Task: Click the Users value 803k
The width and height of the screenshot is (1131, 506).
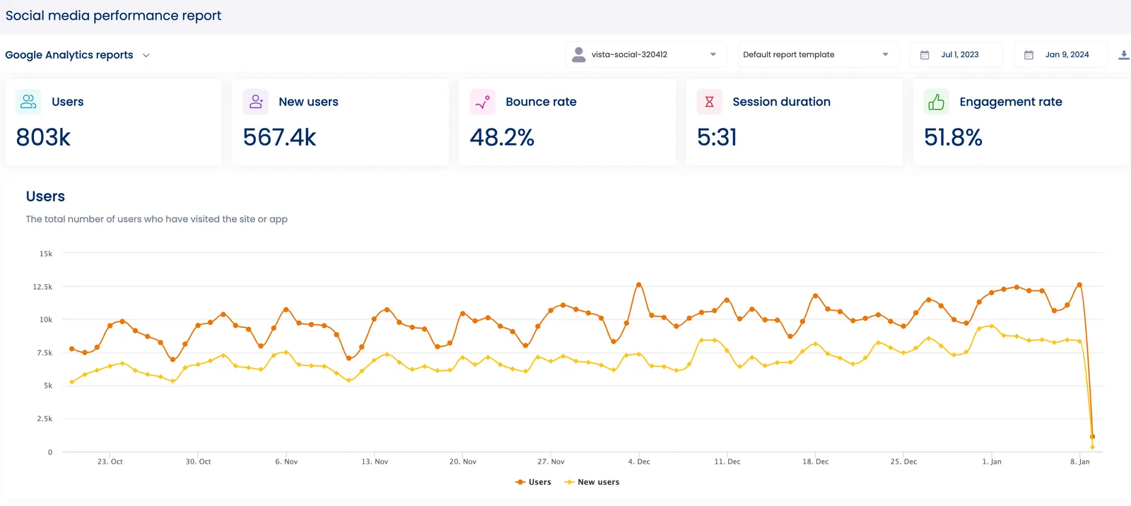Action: [x=43, y=137]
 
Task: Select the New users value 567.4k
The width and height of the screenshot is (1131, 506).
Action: [x=279, y=137]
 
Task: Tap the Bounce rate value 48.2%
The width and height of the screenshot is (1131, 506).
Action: [x=502, y=137]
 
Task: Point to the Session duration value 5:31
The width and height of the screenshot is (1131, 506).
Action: [x=717, y=137]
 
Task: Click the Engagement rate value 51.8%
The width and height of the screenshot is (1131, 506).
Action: [x=953, y=137]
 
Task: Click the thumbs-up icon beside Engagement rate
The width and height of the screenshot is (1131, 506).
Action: [x=936, y=102]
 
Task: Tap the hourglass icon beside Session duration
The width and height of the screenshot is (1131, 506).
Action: [x=709, y=102]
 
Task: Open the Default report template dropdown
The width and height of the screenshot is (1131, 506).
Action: [x=817, y=54]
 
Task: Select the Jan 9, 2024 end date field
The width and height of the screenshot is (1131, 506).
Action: [x=1060, y=54]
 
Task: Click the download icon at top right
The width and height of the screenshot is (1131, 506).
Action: [x=1123, y=55]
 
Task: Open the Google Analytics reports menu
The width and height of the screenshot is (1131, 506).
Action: [x=77, y=55]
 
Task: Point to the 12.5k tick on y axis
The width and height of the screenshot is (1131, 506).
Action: [x=42, y=287]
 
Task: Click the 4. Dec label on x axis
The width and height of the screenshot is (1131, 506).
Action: [x=639, y=461]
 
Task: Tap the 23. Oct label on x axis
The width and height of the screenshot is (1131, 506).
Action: [x=110, y=461]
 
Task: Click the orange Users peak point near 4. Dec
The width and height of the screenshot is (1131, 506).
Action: [x=639, y=285]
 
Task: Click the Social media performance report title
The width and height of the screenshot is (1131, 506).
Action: [x=113, y=16]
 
